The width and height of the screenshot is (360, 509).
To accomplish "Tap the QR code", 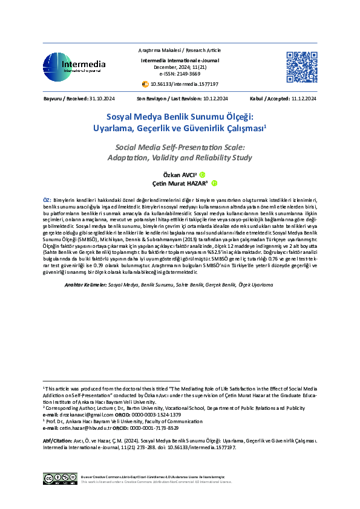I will pyautogui.click(x=301, y=67).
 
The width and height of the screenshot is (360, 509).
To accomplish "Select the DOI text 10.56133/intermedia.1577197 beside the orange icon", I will pyautogui.click(x=184, y=84).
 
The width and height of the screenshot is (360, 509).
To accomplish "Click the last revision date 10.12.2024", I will pyautogui.click(x=215, y=98).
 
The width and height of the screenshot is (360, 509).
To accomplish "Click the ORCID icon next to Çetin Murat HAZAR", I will pyautogui.click(x=214, y=183).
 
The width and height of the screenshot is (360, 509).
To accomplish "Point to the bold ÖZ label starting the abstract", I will pyautogui.click(x=47, y=199).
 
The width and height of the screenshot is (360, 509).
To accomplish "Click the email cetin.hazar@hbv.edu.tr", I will pyautogui.click(x=86, y=427).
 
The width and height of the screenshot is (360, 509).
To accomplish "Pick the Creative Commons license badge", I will pyautogui.click(x=59, y=479).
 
